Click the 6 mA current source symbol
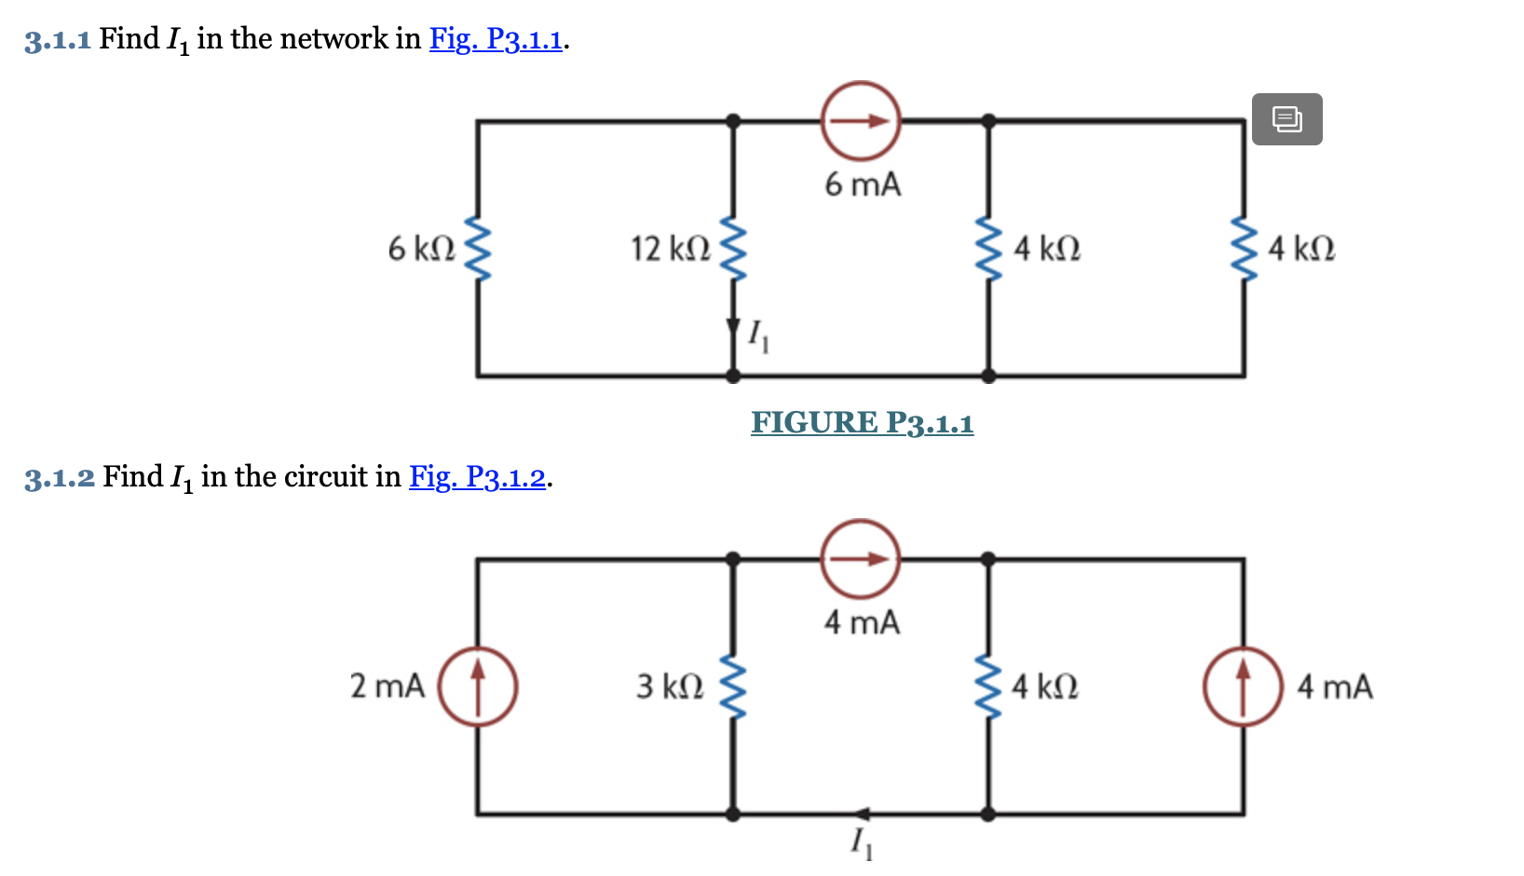coord(861,121)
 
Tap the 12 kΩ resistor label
coord(670,249)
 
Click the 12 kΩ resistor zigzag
coord(734,249)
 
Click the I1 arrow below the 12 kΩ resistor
coord(733,328)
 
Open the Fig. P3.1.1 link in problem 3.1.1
coord(496,39)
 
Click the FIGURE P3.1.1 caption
coord(862,423)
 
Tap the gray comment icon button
coord(1286,119)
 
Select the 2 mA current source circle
coord(478,687)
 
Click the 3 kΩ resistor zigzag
coord(734,687)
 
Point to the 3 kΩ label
coord(669,687)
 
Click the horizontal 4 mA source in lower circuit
coord(861,559)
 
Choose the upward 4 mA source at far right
coord(1243,687)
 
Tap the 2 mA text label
coord(387,687)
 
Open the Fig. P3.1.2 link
coord(478,477)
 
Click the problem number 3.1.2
coord(60,478)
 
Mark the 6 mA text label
coord(863,185)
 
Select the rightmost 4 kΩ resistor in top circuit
coord(1245,249)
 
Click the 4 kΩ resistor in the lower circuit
coord(988,687)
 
